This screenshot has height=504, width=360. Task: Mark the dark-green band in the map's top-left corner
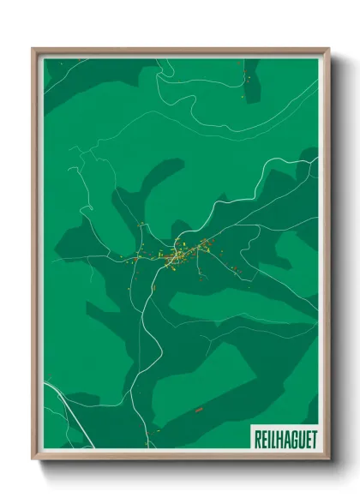[77, 81]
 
